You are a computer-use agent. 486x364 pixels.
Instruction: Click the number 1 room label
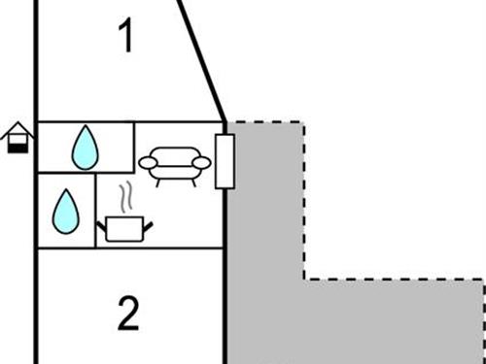[x=124, y=37]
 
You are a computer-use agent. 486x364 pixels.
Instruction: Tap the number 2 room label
[x=127, y=313]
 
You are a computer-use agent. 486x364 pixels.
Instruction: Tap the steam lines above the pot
[x=124, y=199]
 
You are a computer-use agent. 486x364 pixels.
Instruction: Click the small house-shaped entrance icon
[x=14, y=140]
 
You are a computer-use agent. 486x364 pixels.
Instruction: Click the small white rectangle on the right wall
[x=224, y=160]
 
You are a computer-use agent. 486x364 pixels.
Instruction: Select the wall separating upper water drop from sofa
[x=134, y=148]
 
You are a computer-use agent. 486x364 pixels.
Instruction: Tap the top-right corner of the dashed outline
[x=304, y=123]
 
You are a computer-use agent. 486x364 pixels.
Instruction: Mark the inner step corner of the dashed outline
[x=304, y=280]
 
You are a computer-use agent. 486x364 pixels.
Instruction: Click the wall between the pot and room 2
[x=160, y=247]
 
